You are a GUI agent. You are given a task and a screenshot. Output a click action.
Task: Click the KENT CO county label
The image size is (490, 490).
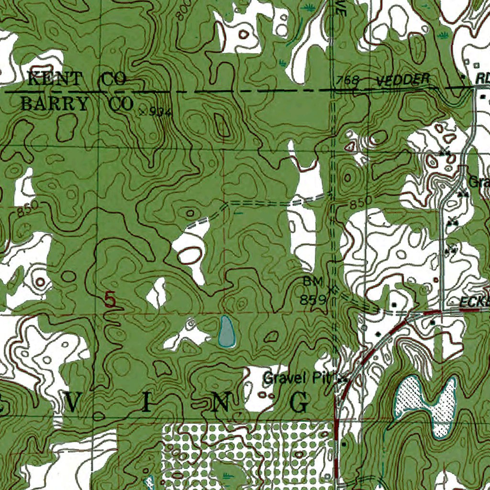[77, 79]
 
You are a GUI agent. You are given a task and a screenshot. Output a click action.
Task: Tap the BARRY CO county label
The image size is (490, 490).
[77, 104]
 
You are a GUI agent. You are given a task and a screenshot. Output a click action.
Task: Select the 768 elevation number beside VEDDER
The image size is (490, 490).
[347, 81]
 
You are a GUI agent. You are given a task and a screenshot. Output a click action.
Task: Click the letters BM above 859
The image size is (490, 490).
[313, 281]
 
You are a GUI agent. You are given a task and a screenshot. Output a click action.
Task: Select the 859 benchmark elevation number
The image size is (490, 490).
[313, 300]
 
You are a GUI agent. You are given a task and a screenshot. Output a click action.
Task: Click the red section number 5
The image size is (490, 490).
[110, 301]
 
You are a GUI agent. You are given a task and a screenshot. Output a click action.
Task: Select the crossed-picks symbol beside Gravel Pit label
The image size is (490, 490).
[342, 378]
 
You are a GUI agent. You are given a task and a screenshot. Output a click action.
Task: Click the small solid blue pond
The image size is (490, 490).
[226, 331]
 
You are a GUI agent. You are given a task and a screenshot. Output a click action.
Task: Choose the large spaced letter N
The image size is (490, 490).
[222, 403]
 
